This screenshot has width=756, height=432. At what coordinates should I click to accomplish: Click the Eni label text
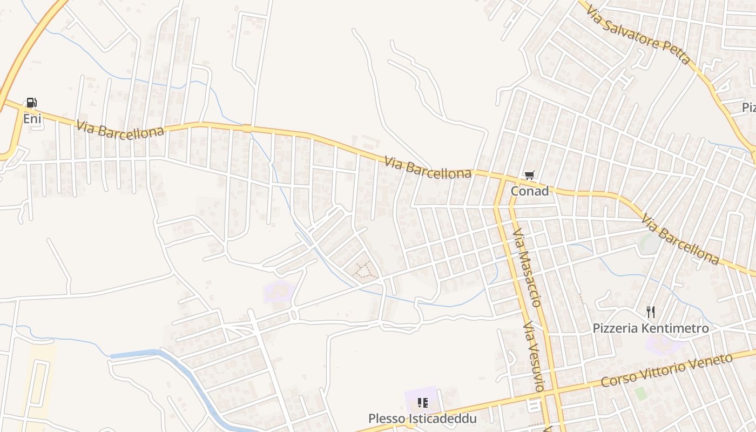click(32, 118)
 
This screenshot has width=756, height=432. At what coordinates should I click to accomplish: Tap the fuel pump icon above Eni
click(32, 103)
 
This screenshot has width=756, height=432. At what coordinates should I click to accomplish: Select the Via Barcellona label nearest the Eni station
click(120, 130)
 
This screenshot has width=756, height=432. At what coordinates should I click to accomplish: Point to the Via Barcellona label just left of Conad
click(428, 167)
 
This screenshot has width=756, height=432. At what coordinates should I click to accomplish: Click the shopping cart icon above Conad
click(529, 175)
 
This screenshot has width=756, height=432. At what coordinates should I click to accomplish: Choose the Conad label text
click(529, 191)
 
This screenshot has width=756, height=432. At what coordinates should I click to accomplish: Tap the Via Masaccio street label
click(526, 267)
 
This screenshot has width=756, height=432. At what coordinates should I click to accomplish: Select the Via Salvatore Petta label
click(637, 35)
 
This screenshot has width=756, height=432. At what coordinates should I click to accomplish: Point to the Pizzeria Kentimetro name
click(650, 328)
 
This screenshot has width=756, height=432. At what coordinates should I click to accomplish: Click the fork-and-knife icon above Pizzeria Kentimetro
click(651, 312)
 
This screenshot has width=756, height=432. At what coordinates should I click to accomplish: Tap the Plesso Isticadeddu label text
click(422, 418)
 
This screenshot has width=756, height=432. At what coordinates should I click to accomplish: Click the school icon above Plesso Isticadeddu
click(422, 403)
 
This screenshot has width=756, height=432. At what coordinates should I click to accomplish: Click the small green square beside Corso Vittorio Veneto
click(640, 393)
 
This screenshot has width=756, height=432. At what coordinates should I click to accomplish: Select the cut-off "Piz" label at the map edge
click(748, 107)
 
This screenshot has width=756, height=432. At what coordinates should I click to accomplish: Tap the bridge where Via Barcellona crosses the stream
click(247, 129)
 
